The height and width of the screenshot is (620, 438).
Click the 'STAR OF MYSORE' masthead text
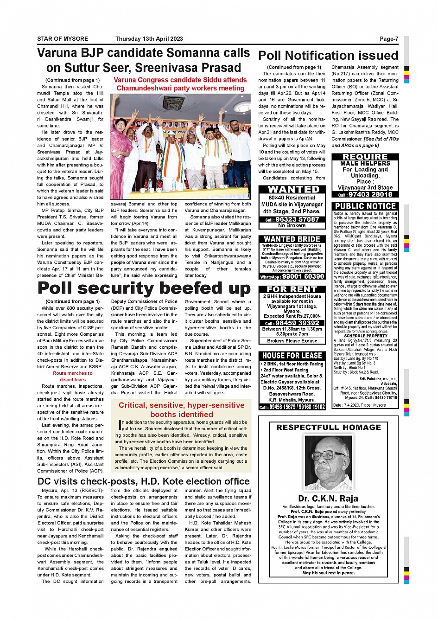(63, 39)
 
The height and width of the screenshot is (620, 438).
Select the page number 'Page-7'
(389, 39)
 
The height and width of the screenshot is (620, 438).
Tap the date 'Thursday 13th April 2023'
(149, 39)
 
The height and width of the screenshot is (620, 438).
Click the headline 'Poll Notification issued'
(328, 56)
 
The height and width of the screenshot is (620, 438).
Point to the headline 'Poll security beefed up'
(144, 288)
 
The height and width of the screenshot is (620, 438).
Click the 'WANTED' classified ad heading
(293, 189)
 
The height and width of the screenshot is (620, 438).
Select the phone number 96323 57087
(297, 219)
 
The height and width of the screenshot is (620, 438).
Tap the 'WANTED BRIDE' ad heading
(292, 239)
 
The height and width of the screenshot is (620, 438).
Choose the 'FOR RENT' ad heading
(292, 289)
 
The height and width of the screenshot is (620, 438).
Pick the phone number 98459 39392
(297, 323)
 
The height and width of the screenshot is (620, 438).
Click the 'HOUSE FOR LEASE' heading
(292, 356)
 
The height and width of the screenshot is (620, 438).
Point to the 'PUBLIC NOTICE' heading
(365, 206)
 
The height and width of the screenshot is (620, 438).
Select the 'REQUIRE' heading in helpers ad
(365, 157)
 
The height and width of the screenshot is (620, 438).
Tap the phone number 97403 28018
(370, 194)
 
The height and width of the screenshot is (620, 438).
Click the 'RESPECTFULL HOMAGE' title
(328, 427)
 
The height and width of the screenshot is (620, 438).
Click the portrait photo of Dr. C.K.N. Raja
(328, 462)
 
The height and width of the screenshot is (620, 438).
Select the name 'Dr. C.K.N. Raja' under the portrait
(328, 499)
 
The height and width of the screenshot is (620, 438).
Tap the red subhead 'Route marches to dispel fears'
(72, 376)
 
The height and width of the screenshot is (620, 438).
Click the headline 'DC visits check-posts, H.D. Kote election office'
(144, 481)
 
